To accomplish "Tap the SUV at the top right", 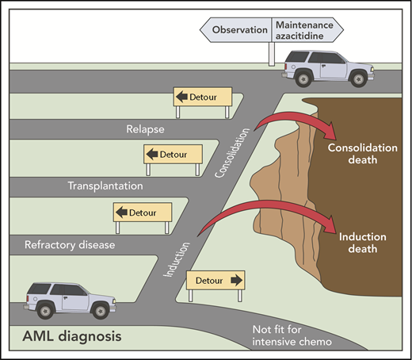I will [x=326, y=66].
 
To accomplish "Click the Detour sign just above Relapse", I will [x=203, y=97].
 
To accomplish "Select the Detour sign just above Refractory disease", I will [x=143, y=213].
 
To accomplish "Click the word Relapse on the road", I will [x=146, y=127].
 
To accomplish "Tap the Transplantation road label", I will [x=105, y=186].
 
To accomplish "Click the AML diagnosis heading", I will [x=67, y=337].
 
